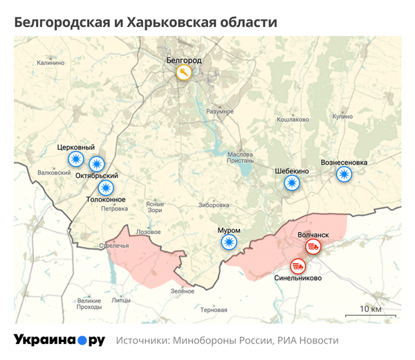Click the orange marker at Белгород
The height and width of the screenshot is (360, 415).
pos(183,73)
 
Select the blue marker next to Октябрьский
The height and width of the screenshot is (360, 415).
pos(97,164)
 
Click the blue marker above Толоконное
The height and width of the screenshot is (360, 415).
pos(105,188)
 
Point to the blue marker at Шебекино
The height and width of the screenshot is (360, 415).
pos(293,183)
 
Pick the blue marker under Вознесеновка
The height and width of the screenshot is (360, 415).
pos(344,174)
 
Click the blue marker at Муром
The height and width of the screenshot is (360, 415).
pos(229,242)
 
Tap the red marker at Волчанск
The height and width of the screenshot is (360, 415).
pos(313,246)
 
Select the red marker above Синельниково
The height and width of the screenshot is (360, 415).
pos(298,265)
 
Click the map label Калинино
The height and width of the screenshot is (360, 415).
pos(50,63)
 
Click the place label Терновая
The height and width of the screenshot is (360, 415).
pos(213,309)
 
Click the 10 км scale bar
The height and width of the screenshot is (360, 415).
pos(371,314)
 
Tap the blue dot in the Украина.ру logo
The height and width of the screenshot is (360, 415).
pos(82,341)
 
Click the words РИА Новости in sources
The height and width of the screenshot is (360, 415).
pos(308,341)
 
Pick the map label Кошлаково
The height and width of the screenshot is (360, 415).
pos(293,119)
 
